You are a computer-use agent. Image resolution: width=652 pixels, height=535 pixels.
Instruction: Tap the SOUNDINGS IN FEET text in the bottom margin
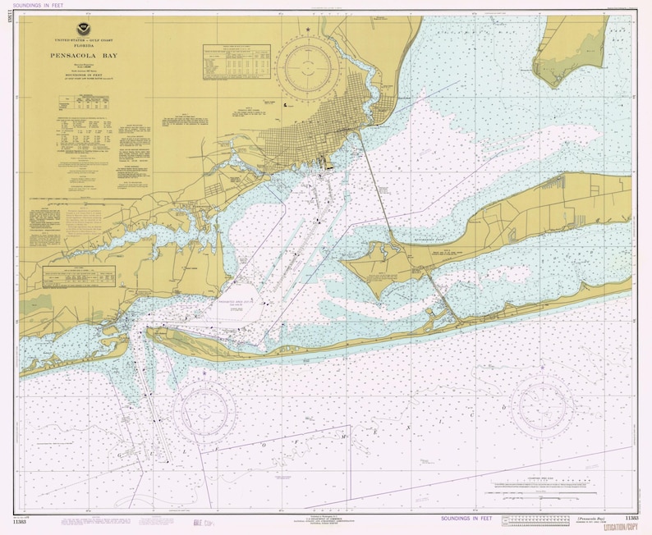(x=468, y=519)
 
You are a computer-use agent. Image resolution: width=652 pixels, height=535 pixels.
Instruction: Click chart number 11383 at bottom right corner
(x=631, y=519)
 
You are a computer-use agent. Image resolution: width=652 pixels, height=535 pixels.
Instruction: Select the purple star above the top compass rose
(x=307, y=30)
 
